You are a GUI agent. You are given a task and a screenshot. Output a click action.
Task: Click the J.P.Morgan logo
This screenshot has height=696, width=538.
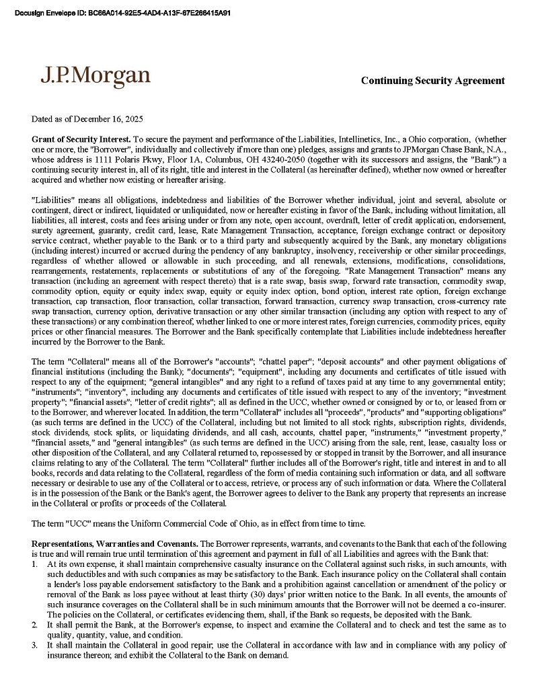[95, 75]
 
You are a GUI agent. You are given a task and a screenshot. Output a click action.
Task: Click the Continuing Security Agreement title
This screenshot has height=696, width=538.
[432, 81]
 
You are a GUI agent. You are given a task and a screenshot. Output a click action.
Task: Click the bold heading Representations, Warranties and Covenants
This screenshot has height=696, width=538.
[114, 543]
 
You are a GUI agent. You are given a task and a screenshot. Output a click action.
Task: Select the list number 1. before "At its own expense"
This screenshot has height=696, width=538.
[35, 564]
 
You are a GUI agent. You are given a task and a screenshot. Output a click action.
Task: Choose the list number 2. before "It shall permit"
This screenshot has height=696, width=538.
[35, 625]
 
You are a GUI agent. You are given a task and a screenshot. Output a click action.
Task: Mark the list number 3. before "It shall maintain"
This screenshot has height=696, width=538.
[35, 645]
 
